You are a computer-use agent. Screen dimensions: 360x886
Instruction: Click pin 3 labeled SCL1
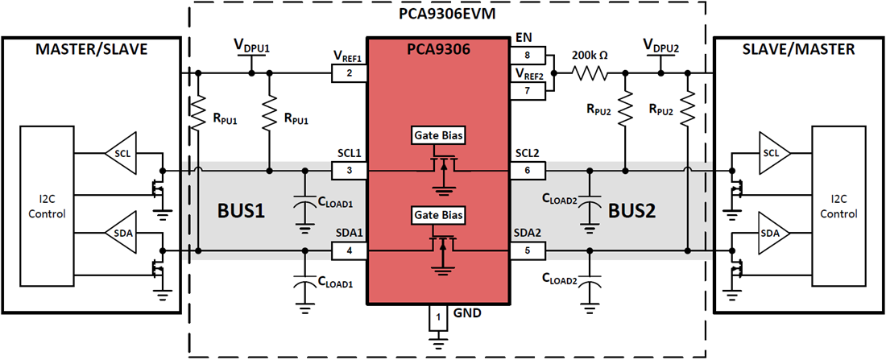point(349,171)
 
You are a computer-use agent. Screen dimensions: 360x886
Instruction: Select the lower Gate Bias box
point(438,215)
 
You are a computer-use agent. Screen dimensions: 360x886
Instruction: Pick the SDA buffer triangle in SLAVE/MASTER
point(768,232)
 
